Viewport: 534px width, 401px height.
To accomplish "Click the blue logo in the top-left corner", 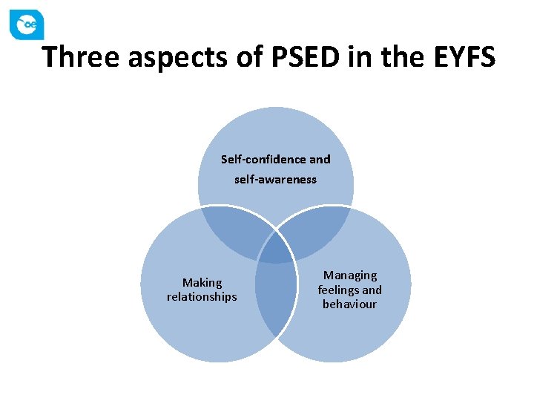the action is point(27,25).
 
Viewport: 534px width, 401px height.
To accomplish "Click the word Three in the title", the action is point(81,57).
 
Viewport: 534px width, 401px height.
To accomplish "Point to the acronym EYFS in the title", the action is point(461,57).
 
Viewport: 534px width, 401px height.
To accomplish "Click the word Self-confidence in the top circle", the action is point(263,160).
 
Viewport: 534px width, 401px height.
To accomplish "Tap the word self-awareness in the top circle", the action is point(275,180).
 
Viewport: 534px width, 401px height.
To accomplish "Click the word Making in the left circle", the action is point(202,282).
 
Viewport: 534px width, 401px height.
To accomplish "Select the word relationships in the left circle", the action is point(202,297).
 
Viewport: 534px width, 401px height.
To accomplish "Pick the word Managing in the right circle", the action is point(350,276).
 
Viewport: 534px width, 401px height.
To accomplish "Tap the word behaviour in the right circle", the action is point(350,304).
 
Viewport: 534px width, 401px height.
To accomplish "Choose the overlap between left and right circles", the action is point(274,297).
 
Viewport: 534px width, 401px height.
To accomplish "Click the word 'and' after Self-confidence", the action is point(320,160).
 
